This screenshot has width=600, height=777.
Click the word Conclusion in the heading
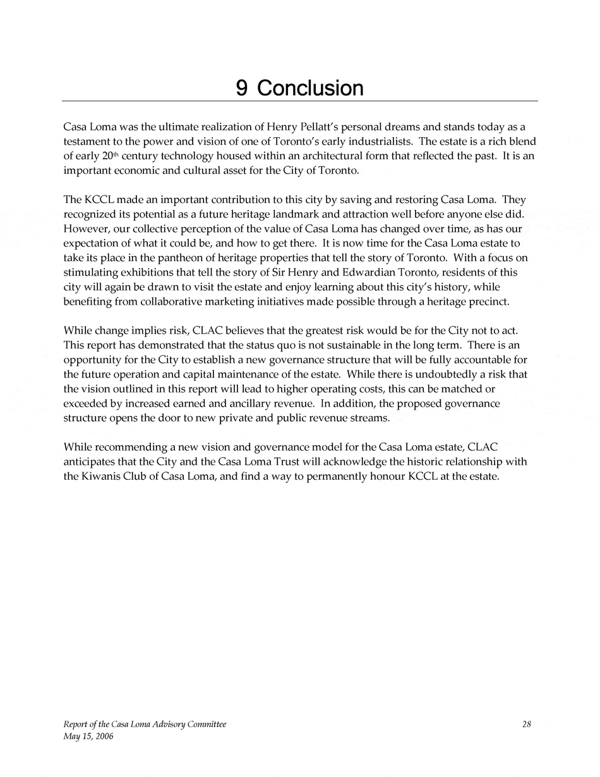tap(310, 88)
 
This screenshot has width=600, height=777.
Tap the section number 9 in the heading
tap(241, 88)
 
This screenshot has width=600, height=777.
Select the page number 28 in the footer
tap(526, 725)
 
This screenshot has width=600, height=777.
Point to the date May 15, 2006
tap(88, 737)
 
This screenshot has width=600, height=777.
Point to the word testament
tap(87, 141)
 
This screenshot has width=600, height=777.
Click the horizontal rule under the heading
tap(299, 101)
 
